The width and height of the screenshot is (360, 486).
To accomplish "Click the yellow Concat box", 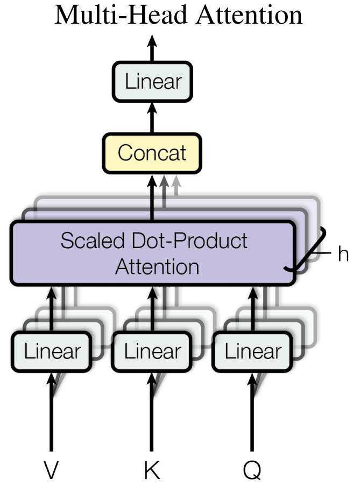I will [x=152, y=153].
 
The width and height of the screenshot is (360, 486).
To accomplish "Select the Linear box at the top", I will [x=153, y=82].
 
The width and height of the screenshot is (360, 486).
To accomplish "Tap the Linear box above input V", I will [x=52, y=351].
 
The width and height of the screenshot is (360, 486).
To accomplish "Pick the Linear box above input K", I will [x=152, y=351].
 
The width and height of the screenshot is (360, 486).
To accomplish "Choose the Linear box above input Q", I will [x=252, y=351].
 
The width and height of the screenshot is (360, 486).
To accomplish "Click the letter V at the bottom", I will [x=52, y=470].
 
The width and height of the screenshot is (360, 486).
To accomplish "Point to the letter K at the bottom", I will [x=152, y=470].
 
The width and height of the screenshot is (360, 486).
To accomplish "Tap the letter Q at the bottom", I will [x=252, y=470].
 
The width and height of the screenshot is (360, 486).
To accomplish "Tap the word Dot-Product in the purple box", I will [x=186, y=241].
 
